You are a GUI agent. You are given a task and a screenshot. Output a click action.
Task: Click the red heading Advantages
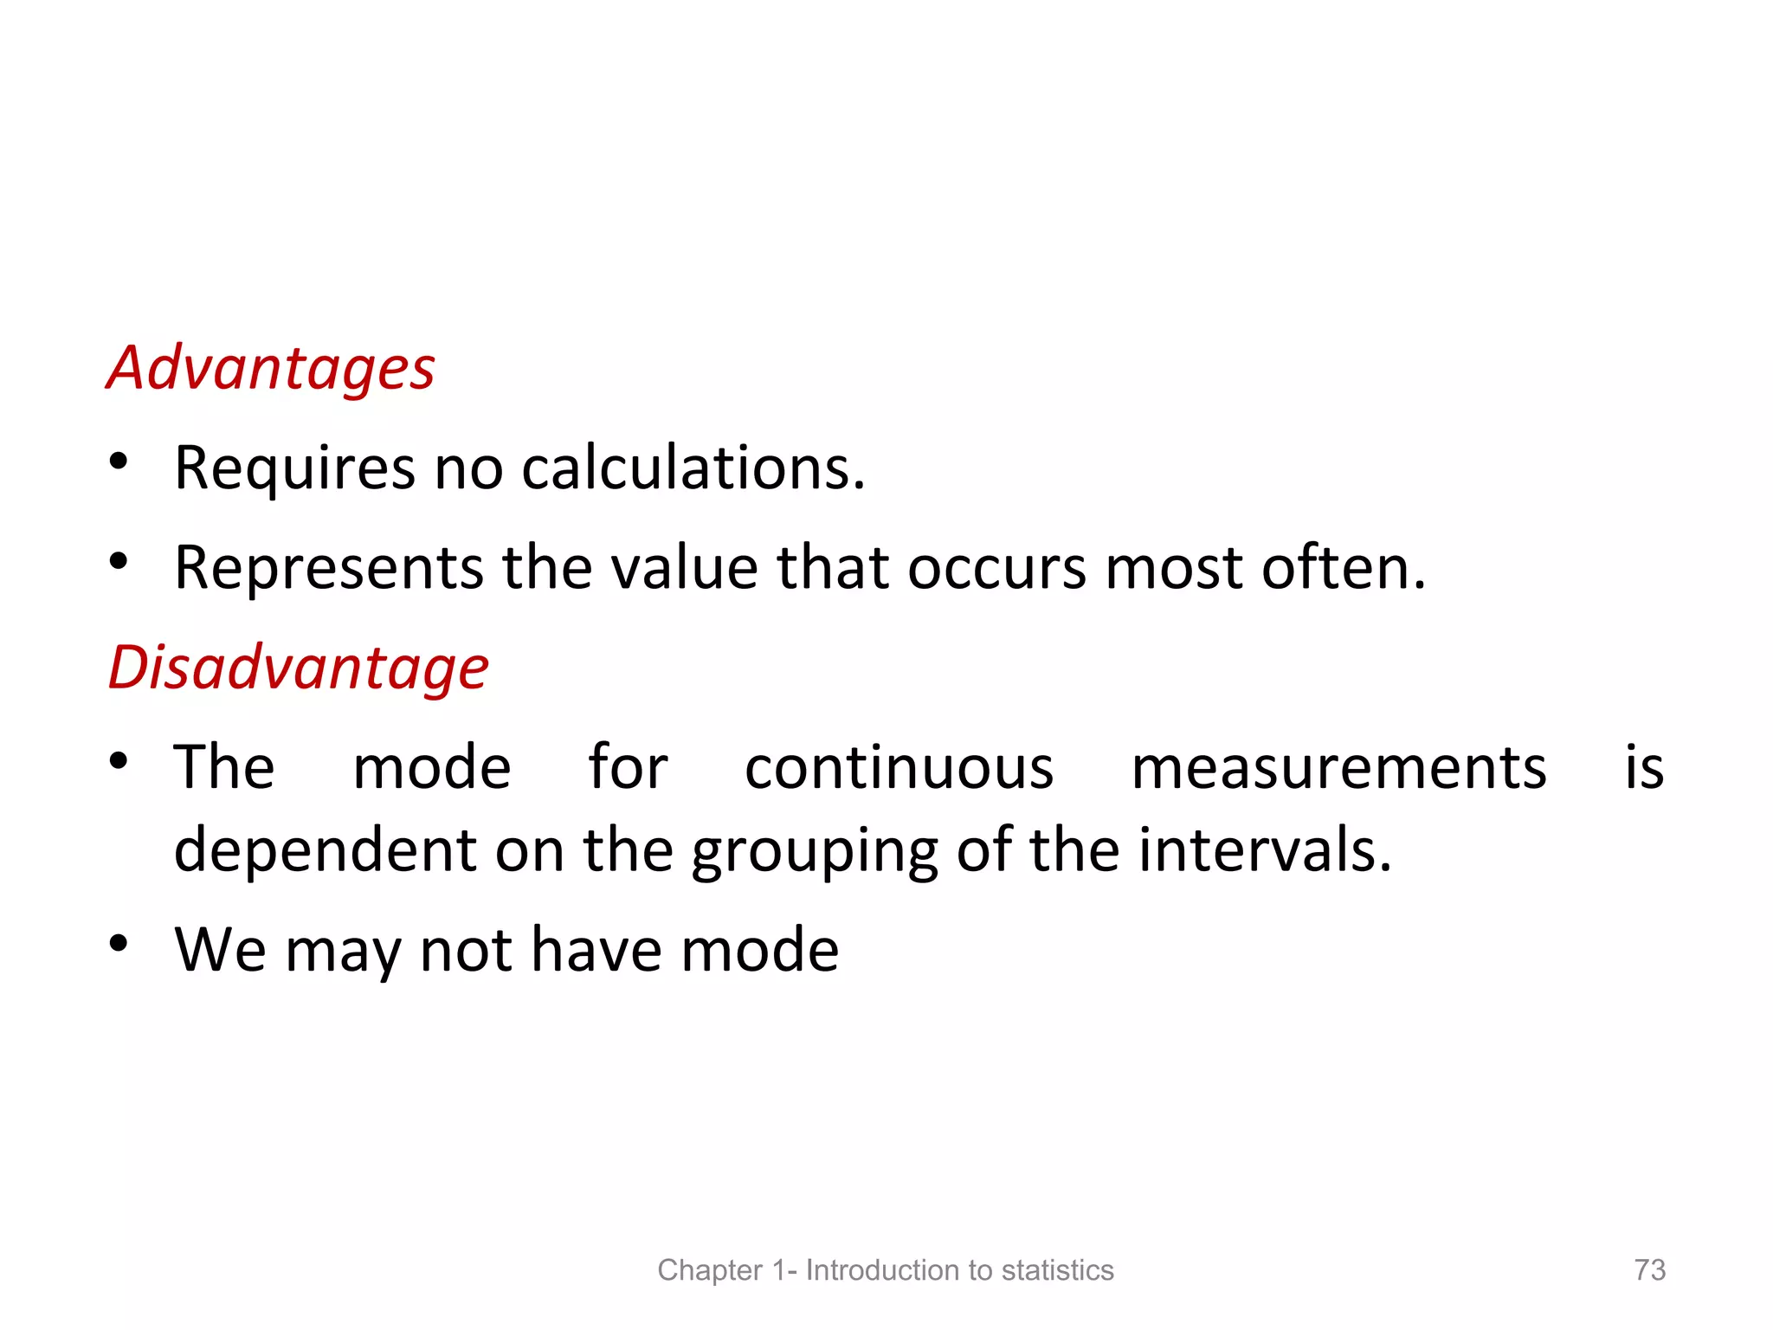click(x=270, y=369)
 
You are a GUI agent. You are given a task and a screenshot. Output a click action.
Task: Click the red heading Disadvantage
click(x=299, y=668)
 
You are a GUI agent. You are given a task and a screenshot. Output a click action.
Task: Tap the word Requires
click(x=294, y=468)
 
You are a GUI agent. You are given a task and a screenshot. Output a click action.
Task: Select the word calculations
click(x=693, y=468)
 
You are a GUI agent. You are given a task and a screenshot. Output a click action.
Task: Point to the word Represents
click(x=329, y=568)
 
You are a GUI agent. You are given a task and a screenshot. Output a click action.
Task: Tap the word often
click(x=1343, y=568)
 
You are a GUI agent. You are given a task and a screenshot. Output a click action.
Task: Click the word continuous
click(x=899, y=768)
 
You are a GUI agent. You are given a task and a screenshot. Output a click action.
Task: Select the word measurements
click(x=1338, y=768)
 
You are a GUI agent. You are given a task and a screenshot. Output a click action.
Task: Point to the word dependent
click(x=325, y=850)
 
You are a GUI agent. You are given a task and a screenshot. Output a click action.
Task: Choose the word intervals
click(x=1265, y=850)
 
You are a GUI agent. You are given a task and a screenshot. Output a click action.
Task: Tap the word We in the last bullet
click(x=220, y=950)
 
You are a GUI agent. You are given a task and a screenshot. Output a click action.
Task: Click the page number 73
click(x=1649, y=1269)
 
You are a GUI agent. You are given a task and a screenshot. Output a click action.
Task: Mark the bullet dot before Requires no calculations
click(x=119, y=461)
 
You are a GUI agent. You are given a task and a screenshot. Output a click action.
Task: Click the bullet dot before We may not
click(x=119, y=942)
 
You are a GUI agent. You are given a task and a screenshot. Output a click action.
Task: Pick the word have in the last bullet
click(x=597, y=950)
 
